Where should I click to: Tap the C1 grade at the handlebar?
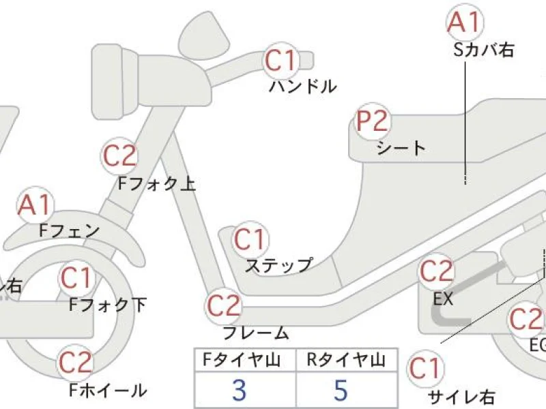281,61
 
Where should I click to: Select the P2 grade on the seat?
373,122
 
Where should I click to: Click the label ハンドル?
302,87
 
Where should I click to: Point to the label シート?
401,148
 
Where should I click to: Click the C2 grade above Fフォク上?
120,156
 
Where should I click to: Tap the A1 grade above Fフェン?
34,205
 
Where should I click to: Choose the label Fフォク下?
108,305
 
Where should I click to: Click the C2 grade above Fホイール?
76,362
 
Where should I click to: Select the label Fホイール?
108,391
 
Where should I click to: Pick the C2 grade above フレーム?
225,306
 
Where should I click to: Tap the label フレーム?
257,333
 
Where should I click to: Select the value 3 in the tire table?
239,390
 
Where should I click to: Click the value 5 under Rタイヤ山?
341,390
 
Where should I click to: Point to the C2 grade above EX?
436,272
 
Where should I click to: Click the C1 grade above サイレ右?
425,369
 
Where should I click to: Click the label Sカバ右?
484,49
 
